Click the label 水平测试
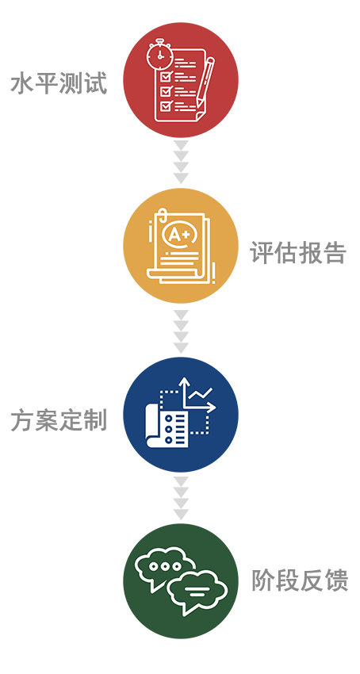[59, 83]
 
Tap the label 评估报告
[298, 253]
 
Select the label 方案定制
[59, 420]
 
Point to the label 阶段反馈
[300, 580]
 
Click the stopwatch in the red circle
[159, 54]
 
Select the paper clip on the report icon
[161, 218]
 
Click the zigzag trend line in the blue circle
[201, 393]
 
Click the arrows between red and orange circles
[181, 162]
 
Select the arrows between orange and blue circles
[181, 331]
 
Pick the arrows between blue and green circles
[181, 498]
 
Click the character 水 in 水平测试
[22, 83]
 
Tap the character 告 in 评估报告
[335, 253]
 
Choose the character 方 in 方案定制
[22, 420]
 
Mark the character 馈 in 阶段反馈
[336, 580]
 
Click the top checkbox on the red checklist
[166, 77]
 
